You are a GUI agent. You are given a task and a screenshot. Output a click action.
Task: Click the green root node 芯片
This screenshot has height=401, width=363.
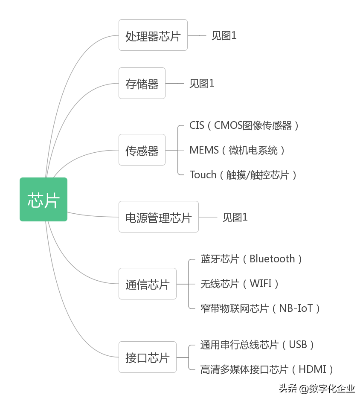pos(44,200)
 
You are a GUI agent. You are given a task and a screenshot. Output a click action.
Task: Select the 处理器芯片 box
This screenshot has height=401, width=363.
pos(153,35)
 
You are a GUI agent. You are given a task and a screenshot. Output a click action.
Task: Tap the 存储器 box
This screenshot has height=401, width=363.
pos(142,84)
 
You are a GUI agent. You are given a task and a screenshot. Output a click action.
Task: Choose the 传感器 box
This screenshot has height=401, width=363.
pos(142,150)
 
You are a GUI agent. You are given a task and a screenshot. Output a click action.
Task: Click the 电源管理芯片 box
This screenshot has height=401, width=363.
pos(158,217)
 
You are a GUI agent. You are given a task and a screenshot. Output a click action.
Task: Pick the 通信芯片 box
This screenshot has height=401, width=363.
pos(147,284)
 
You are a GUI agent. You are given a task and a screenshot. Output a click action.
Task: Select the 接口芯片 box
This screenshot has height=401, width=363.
pos(147,357)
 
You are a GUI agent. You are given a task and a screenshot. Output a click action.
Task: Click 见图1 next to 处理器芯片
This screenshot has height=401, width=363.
pos(224,35)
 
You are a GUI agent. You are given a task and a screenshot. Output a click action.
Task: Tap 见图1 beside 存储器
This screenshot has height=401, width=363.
pos(202,84)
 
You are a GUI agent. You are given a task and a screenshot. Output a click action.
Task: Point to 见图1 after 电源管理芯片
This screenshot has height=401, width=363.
pos(235,217)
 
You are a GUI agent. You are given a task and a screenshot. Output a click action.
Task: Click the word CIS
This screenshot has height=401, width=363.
pos(197,125)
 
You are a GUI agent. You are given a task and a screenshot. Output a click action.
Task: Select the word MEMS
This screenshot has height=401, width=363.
pos(204,150)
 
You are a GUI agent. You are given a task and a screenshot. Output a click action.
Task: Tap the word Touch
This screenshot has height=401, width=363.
pos(203,174)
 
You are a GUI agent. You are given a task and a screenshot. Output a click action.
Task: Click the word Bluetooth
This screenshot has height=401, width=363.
pos(272,259)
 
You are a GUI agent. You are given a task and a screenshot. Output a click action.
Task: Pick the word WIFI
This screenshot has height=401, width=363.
pos(261,284)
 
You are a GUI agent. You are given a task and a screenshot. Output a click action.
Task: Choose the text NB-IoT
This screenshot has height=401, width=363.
pos(296,308)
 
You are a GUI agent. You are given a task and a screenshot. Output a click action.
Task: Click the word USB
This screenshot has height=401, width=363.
pos(298,345)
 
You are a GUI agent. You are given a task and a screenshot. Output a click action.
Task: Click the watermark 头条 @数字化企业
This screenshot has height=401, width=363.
pos(317,388)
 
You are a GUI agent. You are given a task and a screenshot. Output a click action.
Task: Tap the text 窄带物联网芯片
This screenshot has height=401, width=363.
pos(235,308)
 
